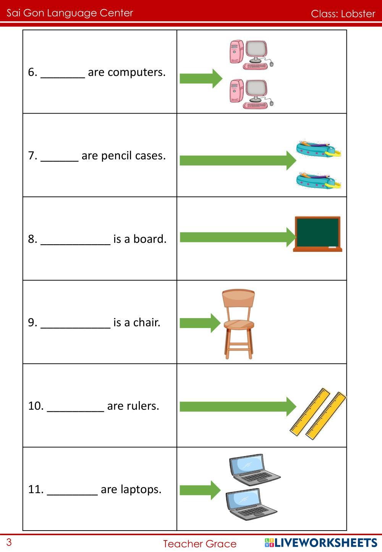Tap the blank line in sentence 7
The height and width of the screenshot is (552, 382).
click(x=60, y=157)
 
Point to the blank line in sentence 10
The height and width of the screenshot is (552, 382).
click(x=75, y=408)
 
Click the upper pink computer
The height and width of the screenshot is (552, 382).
click(x=251, y=54)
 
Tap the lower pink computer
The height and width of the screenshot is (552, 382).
click(x=251, y=94)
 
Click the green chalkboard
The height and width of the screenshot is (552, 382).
click(x=317, y=234)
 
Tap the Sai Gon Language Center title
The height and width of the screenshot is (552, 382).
click(x=70, y=13)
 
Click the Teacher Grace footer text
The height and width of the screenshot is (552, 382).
click(x=200, y=544)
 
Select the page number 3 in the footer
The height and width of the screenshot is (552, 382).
click(x=9, y=542)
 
